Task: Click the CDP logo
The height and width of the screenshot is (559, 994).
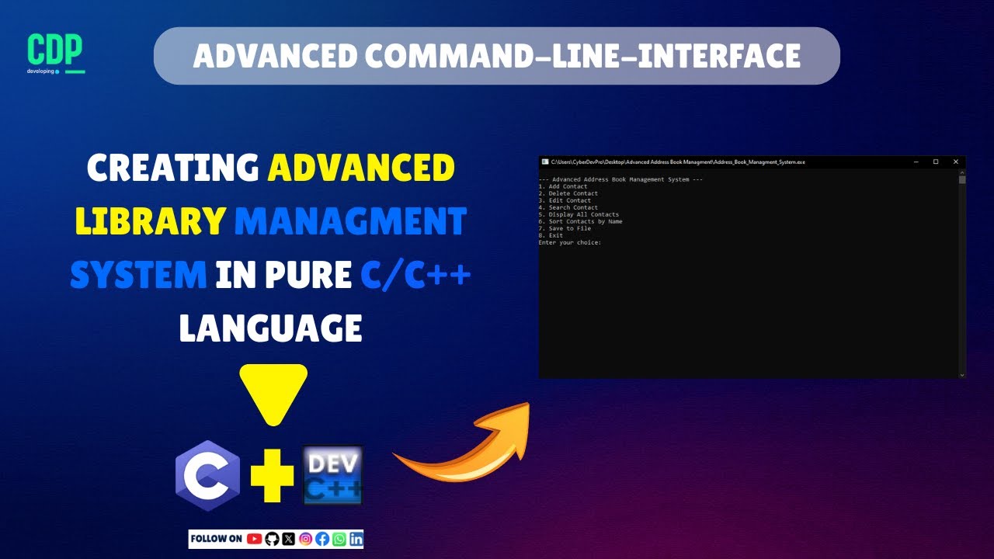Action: pyautogui.click(x=55, y=53)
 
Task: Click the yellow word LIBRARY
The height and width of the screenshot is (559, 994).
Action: pyautogui.click(x=150, y=222)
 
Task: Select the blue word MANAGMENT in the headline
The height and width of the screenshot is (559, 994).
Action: pyautogui.click(x=350, y=222)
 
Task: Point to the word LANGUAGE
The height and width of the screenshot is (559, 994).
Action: pyautogui.click(x=270, y=328)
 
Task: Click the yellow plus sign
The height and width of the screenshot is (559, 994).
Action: pyautogui.click(x=273, y=475)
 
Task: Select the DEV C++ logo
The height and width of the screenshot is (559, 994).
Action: pyautogui.click(x=332, y=474)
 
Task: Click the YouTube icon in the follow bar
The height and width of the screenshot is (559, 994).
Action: pyautogui.click(x=254, y=539)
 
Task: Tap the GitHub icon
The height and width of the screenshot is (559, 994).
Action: pyautogui.click(x=272, y=539)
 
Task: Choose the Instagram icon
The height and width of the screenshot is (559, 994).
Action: pyautogui.click(x=306, y=539)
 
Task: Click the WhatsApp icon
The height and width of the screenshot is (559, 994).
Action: pyautogui.click(x=339, y=539)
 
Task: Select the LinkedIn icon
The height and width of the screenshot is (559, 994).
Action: pyautogui.click(x=356, y=539)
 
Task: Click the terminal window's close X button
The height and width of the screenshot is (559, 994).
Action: pyautogui.click(x=956, y=161)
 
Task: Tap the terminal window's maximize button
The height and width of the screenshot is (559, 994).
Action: pyautogui.click(x=936, y=161)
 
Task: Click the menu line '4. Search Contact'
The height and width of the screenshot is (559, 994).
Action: pyautogui.click(x=568, y=207)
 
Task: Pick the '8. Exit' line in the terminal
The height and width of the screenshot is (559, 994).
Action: pyautogui.click(x=551, y=235)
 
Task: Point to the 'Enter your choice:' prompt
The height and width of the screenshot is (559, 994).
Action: pyautogui.click(x=569, y=242)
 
